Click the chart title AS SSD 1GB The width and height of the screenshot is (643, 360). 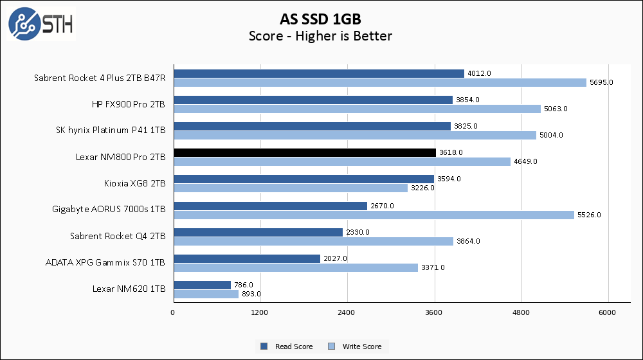[320, 17]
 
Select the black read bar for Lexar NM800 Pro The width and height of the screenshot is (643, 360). [304, 152]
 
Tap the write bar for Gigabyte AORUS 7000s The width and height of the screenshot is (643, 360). [373, 215]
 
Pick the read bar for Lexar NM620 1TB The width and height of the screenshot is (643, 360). [201, 285]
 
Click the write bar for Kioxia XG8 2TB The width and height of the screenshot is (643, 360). [290, 188]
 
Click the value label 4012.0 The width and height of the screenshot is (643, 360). [478, 73]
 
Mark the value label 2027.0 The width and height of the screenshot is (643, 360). [334, 258]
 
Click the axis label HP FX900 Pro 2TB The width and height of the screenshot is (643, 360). [129, 104]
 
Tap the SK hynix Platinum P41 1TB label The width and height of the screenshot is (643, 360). [111, 130]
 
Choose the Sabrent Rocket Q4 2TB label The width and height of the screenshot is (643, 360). [118, 236]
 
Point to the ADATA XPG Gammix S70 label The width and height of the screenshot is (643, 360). [105, 262]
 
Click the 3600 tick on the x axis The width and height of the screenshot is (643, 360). [435, 313]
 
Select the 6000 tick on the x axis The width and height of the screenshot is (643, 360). [608, 313]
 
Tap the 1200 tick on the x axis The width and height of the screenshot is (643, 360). [260, 313]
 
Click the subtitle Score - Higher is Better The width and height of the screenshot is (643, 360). [320, 36]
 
